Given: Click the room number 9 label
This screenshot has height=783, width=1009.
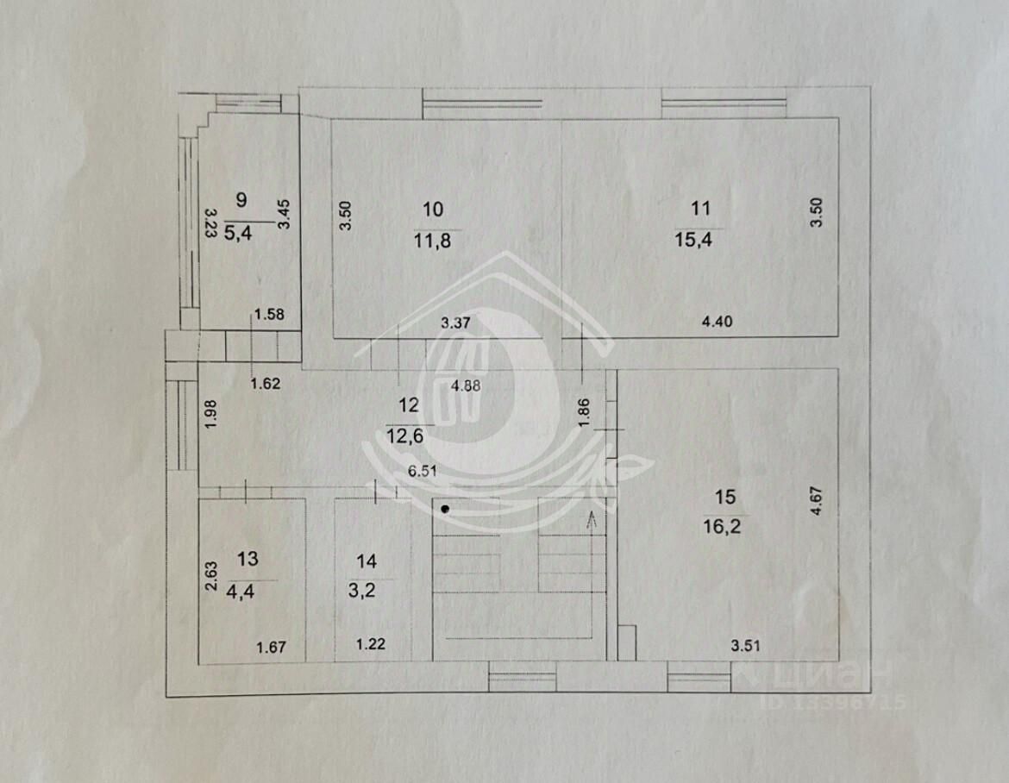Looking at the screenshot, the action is (x=241, y=200).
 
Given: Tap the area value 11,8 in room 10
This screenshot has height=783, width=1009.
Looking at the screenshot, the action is (x=433, y=241).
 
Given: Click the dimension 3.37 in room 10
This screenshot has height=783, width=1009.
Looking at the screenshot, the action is (x=454, y=323).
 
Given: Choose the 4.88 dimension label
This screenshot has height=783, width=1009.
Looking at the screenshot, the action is (x=466, y=386).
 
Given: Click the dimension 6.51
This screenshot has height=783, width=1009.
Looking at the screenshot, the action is (x=423, y=472).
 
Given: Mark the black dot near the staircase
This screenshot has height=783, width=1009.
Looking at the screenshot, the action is (x=445, y=509).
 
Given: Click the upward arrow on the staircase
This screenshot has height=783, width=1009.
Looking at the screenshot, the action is (x=592, y=518).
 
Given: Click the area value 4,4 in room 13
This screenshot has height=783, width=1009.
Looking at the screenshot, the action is (x=247, y=592).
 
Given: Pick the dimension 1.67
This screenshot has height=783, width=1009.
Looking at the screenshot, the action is (x=271, y=647).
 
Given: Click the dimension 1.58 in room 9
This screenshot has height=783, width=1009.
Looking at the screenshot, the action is (x=269, y=314).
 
